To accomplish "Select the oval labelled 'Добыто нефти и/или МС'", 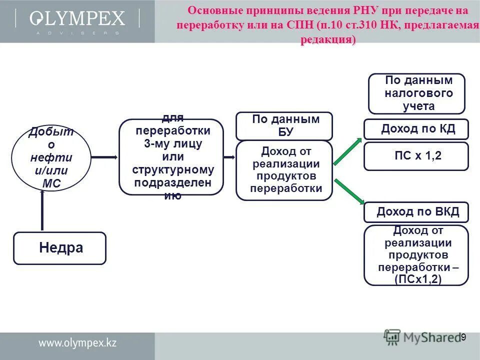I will [51, 158].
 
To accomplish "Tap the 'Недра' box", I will [59, 248].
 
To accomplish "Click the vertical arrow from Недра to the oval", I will [42, 210].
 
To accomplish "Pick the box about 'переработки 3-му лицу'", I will [171, 157].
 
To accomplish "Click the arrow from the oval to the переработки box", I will [104, 157].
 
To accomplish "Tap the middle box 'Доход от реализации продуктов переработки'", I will [284, 170].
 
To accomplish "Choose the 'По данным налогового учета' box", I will [416, 93].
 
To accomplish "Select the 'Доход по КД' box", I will [416, 129].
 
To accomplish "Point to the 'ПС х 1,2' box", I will [416, 156].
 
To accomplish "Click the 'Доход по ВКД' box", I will [416, 212].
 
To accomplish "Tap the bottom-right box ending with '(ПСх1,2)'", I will [416, 255].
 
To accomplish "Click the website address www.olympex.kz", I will [77, 343].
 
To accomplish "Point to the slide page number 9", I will [463, 337].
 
